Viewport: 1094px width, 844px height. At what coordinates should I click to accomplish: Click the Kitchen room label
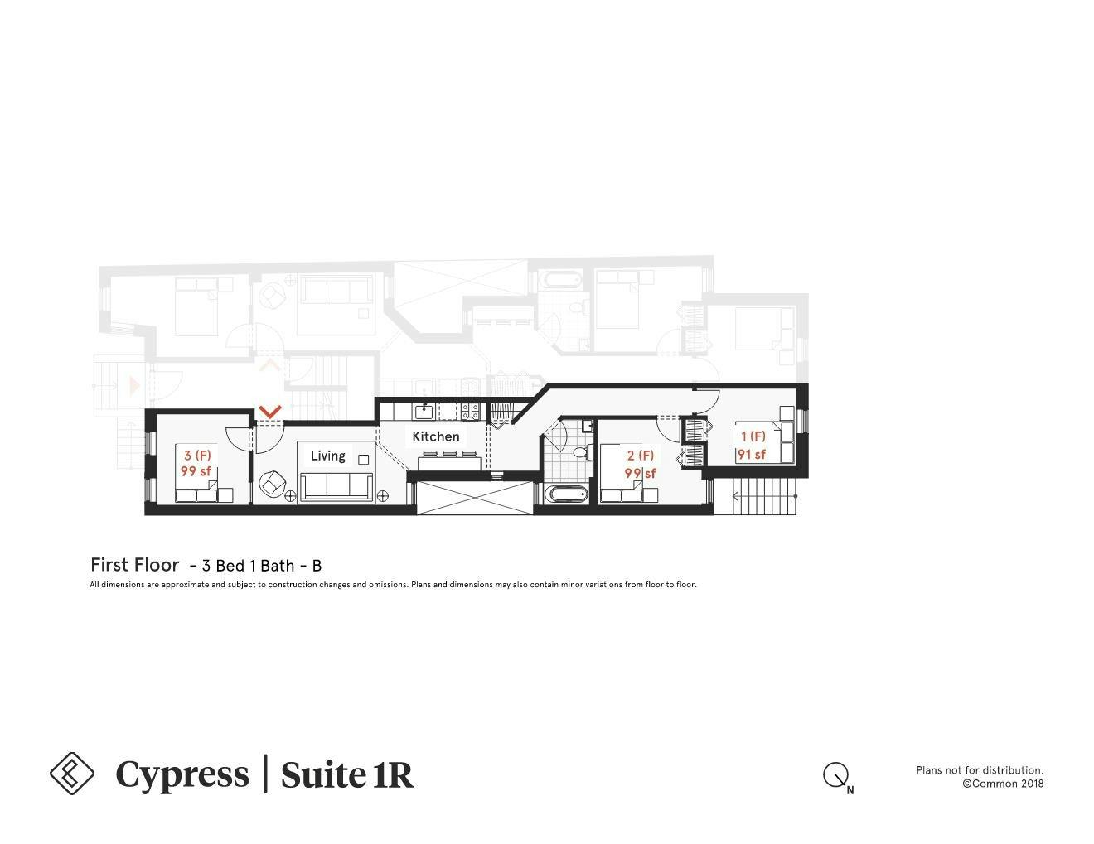coord(435,436)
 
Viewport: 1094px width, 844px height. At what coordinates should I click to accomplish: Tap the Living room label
coord(327,456)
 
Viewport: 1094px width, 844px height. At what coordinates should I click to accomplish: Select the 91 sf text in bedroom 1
coord(752,454)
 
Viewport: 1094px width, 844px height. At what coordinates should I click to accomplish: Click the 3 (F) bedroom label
coord(197,456)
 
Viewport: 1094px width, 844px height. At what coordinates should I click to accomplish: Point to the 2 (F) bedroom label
coord(640,456)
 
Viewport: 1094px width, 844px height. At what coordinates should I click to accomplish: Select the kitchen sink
coord(424,411)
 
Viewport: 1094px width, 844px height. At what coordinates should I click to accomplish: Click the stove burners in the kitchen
coord(470,410)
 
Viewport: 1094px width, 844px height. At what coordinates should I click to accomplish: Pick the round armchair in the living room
coord(271,482)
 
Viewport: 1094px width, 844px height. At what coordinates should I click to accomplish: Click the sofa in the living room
coord(336,486)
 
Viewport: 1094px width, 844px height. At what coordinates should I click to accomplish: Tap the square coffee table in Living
coord(363,459)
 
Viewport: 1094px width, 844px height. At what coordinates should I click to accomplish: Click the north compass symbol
coord(835,776)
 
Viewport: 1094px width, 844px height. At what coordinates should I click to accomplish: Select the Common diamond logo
coord(72,773)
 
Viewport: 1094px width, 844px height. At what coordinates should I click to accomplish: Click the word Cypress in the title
coord(182,774)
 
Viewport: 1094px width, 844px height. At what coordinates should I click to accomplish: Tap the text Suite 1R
coord(346,774)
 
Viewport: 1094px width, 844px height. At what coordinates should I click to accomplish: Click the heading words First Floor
coord(134,565)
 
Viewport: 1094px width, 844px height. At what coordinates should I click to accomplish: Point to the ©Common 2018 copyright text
coord(1002,784)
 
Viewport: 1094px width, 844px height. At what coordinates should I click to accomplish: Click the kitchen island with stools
coord(448,461)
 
